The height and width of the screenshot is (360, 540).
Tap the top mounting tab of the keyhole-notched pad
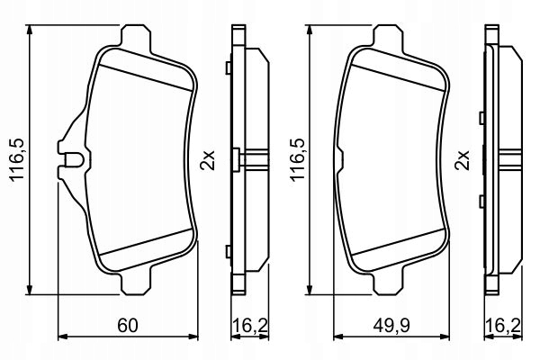[134, 39]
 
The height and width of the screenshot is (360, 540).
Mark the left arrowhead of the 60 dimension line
[61, 337]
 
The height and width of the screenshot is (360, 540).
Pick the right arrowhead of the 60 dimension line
[197, 337]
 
